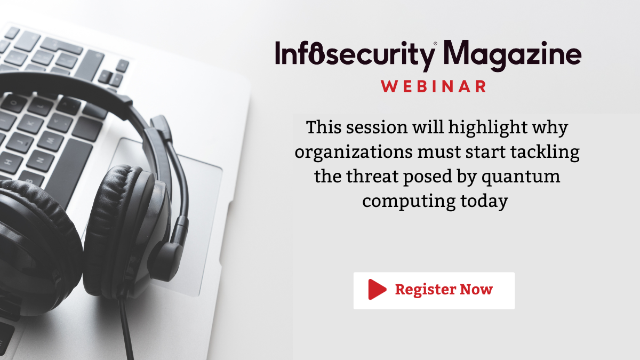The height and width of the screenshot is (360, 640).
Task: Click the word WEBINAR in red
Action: pos(434,86)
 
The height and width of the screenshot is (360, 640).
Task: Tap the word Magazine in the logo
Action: pos(513,55)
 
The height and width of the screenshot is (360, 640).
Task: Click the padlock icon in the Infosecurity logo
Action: pos(317,53)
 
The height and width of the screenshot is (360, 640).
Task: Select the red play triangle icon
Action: pos(377,290)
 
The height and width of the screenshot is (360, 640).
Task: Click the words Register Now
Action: pos(444,290)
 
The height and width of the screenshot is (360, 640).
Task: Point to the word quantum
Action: pos(521,177)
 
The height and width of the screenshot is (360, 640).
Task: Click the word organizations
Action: pos(354,152)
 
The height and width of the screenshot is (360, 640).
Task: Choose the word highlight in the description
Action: pos(487,127)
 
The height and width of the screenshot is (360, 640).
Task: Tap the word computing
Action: pos(409,201)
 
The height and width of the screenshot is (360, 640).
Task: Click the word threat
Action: pos(372,177)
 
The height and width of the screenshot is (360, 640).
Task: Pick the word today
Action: pos(484,201)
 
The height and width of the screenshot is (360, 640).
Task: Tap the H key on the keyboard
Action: pos(10,163)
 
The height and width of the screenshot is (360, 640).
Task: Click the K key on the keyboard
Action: pos(31,123)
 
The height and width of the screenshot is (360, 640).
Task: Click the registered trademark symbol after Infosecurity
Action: pos(435,44)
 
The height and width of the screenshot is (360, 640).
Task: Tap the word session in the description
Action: pos(377,127)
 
